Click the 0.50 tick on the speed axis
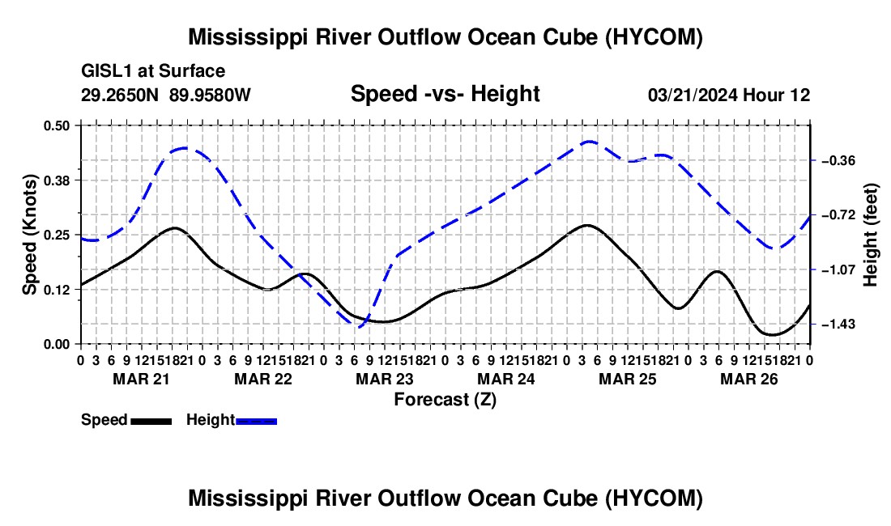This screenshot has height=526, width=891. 56,125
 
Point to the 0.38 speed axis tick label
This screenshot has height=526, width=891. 56,180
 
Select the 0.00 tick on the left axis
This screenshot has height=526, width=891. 56,345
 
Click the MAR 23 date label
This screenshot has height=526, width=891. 385,379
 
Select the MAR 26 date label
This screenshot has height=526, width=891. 749,379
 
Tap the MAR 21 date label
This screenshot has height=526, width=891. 142,379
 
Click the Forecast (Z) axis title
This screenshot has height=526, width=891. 446,400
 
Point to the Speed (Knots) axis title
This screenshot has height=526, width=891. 29,235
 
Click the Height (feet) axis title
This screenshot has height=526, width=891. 870,235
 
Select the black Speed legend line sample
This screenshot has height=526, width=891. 151,421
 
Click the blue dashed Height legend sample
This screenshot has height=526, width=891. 256,421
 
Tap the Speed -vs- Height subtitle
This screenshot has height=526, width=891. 446,94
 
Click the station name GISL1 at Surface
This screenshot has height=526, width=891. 153,71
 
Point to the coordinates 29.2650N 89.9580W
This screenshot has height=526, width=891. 165,95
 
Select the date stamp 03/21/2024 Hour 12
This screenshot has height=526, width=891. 729,95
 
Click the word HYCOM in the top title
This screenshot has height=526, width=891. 654,37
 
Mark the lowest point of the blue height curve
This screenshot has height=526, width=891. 360,326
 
